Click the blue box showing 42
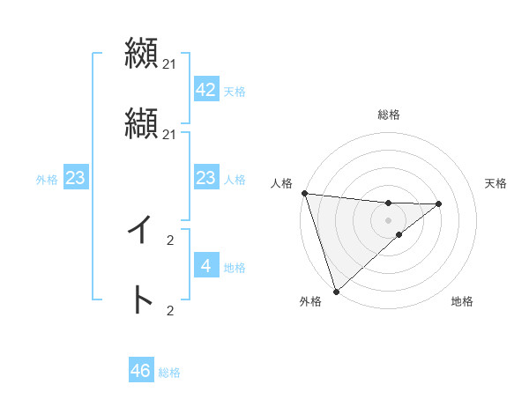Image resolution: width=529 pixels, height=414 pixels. [205, 90]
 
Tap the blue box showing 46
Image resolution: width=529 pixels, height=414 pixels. [141, 371]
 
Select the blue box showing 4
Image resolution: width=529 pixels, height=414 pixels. [205, 266]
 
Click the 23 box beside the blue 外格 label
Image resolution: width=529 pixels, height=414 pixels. [76, 178]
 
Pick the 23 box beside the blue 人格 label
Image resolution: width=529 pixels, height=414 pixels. [205, 178]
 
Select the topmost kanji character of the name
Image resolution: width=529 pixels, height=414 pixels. [141, 53]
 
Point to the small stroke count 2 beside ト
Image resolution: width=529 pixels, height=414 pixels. [170, 310]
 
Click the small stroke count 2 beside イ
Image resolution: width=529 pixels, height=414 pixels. [170, 240]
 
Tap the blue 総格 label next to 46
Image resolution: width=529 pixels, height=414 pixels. [169, 373]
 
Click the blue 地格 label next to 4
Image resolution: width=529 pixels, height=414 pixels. [235, 268]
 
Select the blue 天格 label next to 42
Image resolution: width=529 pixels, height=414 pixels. [235, 92]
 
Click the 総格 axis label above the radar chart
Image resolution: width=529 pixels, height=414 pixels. [389, 115]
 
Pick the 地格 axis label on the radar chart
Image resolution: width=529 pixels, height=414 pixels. [462, 302]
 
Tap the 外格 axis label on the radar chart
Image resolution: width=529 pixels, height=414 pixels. [310, 302]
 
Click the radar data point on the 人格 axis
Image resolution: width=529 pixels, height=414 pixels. [304, 193]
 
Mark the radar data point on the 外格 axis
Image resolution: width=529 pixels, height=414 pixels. [336, 291]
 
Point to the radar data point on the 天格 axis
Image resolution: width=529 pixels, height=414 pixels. [439, 203]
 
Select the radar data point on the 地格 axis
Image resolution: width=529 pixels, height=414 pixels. [399, 234]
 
